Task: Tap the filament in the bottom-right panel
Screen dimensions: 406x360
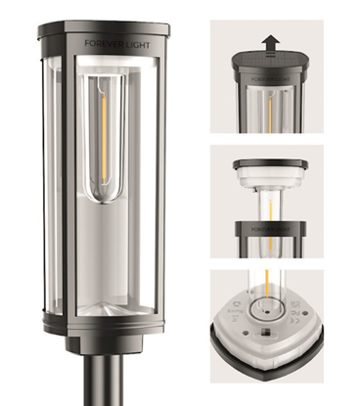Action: click(x=265, y=283)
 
